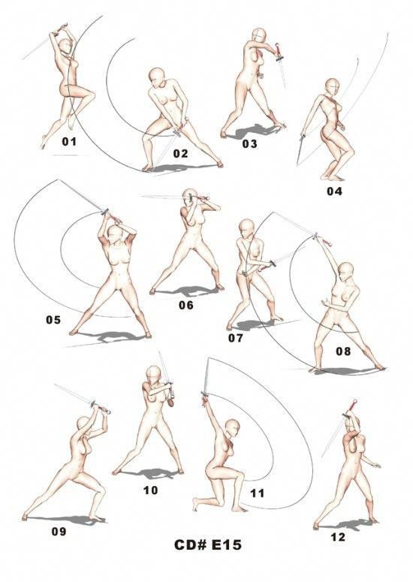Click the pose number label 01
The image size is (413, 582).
pos(69,140)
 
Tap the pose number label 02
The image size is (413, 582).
pos(180,153)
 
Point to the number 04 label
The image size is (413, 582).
pos(334,191)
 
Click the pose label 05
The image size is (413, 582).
pos(53,320)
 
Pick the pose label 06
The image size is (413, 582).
pos(186,305)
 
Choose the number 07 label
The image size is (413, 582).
pos(236,338)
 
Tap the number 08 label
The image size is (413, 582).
pos(343,351)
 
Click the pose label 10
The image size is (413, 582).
pos(150,490)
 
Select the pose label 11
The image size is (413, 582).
pos(258,493)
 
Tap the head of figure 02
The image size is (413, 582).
pos(157,77)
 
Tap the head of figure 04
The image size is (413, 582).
pos(330,86)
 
